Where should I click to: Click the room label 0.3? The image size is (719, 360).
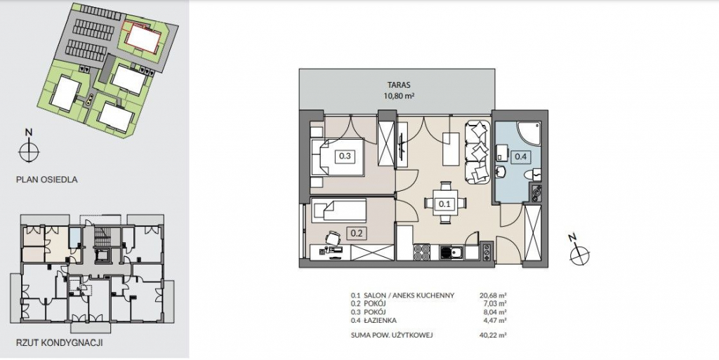345,156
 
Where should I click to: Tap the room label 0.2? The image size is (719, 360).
356,234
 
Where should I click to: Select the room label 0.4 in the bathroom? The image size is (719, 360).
520,156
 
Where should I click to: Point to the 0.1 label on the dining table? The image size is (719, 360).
444,204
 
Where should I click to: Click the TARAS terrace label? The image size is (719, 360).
398,85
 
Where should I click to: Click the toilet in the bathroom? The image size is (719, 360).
534,174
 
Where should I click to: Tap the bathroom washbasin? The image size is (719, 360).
501,172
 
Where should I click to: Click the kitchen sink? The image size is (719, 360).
451,253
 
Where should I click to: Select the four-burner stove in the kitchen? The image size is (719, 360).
421,252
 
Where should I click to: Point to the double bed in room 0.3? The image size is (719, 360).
338,157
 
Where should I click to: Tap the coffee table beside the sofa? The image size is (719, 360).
451,149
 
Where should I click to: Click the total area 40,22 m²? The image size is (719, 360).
492,335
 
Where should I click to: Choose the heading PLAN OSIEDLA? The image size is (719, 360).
47,180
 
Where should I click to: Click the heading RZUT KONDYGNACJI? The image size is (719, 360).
60,342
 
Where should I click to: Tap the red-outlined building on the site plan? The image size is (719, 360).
143,36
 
